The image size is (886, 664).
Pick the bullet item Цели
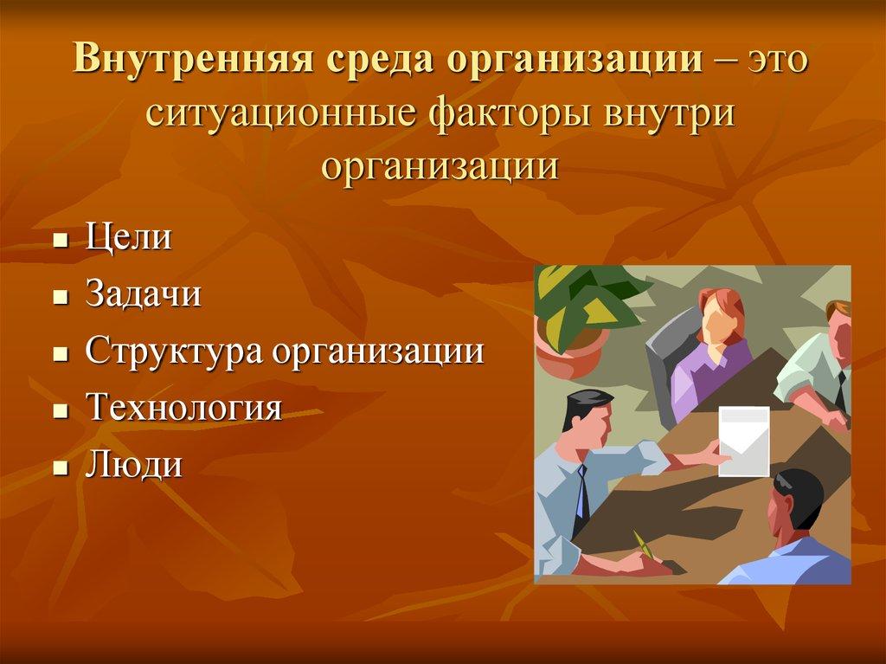128,237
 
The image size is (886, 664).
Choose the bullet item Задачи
144,294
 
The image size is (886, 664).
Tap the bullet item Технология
183,408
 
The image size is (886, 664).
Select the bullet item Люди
133,465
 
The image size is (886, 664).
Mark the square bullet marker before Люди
60,467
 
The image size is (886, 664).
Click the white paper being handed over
743,441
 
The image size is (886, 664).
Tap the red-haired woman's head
720,314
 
